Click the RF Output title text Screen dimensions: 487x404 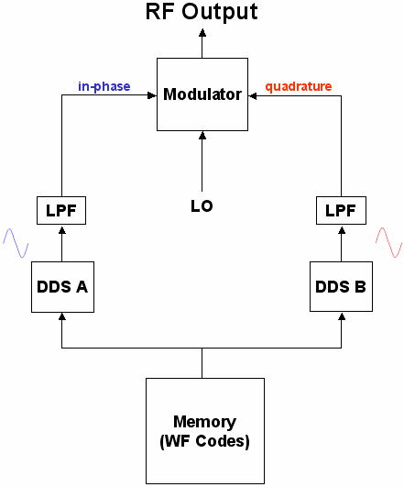click(202, 12)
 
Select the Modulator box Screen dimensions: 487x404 click(202, 94)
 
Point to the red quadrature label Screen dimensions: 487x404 click(299, 87)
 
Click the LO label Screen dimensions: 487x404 click(202, 206)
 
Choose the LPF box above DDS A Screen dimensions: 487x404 click(62, 210)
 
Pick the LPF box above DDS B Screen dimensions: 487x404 click(341, 210)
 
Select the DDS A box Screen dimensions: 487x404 click(62, 286)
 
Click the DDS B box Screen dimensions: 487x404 click(341, 286)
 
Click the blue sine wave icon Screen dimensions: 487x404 click(16, 241)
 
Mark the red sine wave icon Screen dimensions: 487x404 click(389, 241)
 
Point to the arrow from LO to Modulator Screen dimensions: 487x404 click(202, 160)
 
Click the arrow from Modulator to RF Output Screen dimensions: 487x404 click(202, 42)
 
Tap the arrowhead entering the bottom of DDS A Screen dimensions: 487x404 click(62, 315)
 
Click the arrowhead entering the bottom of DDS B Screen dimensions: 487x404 click(341, 315)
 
